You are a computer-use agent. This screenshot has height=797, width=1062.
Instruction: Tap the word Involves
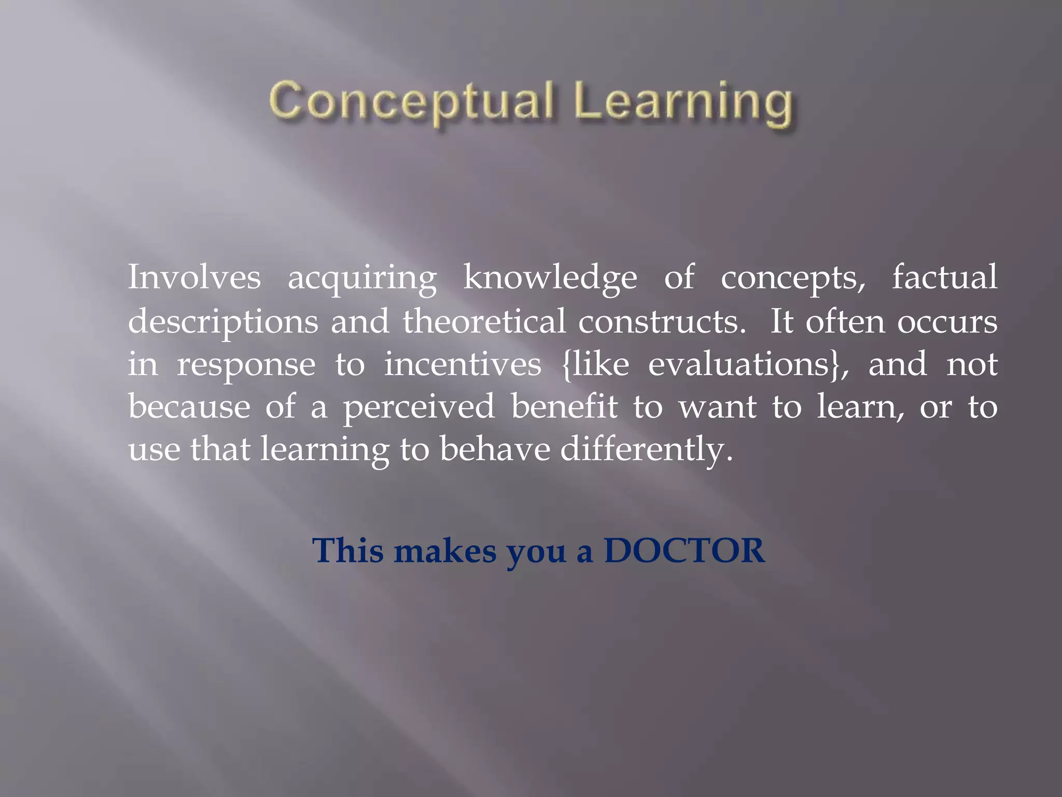click(x=194, y=278)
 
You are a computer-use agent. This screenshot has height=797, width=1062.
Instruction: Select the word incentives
click(x=463, y=364)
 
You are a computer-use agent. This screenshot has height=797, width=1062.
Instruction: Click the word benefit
click(x=564, y=406)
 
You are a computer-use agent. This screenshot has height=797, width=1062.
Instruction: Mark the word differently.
click(x=646, y=449)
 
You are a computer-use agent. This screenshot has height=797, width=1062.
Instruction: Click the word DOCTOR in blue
click(x=684, y=551)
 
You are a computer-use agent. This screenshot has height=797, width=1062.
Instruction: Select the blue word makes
click(x=444, y=551)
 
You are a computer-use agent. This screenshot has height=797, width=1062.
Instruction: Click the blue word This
click(x=348, y=551)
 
